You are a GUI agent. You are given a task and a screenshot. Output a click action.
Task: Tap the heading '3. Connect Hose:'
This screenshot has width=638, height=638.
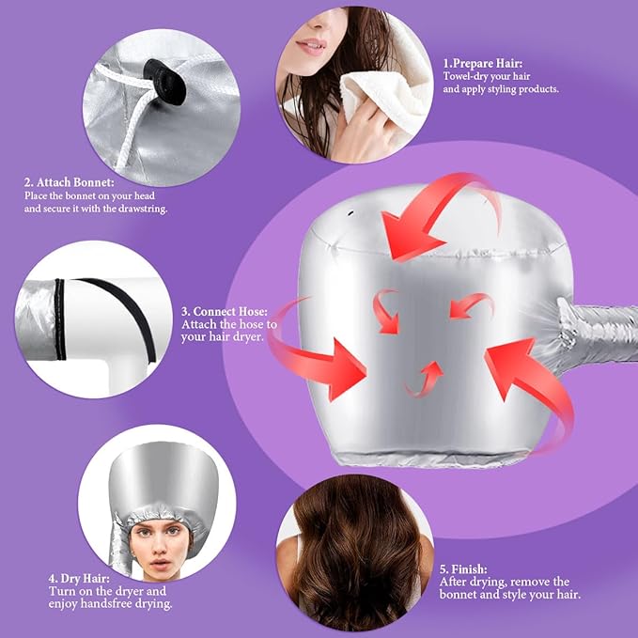(225, 310)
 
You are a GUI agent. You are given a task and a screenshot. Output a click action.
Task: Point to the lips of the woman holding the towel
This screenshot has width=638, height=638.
(311, 47)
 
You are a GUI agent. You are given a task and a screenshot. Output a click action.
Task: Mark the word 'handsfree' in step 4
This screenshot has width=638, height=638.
(109, 605)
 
